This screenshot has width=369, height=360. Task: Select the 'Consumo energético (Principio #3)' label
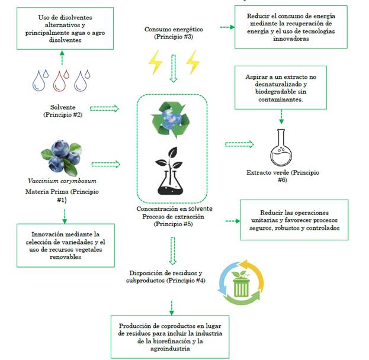pos(174,33)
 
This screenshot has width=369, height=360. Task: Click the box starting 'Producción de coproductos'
pos(169,336)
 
